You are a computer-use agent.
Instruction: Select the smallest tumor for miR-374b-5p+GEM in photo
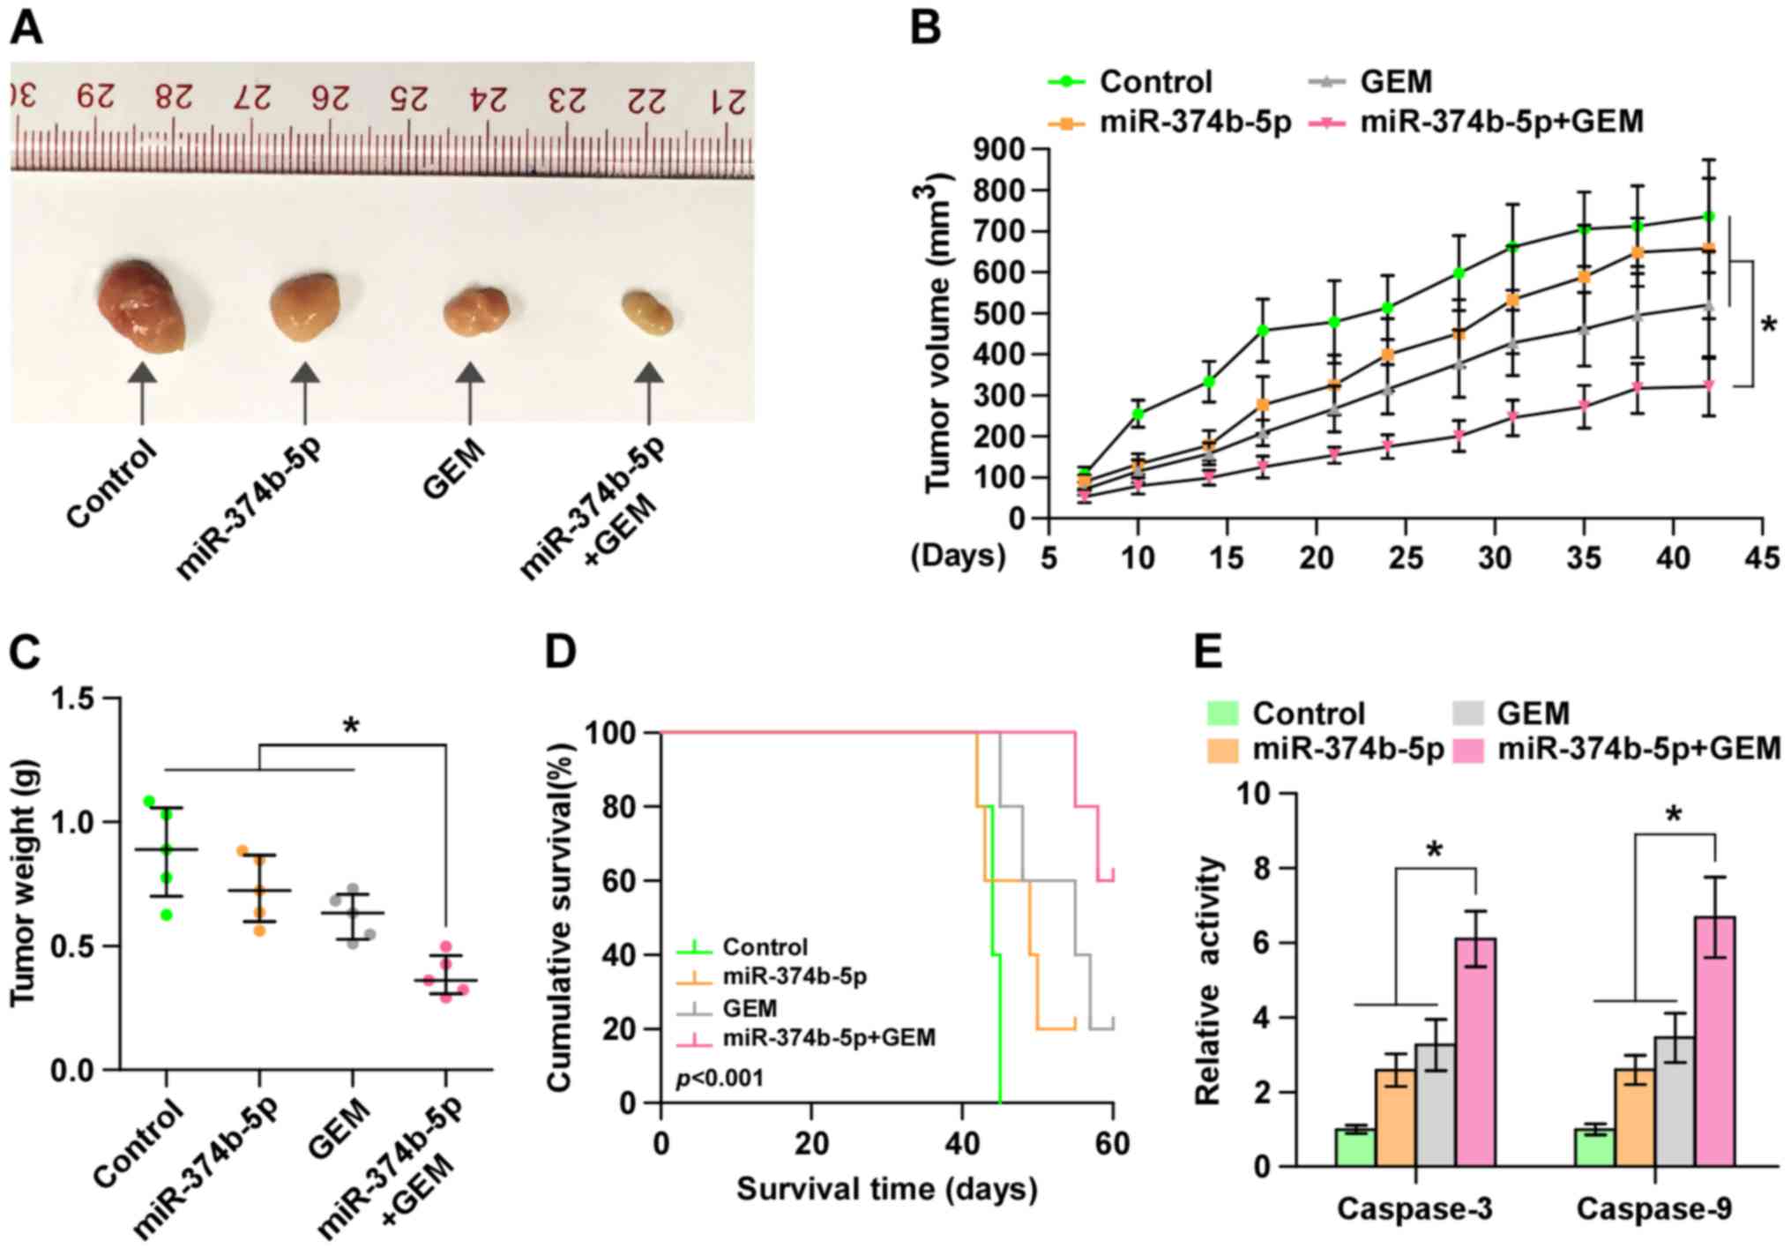coord(648,312)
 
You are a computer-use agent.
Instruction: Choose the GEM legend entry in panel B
coord(1395,82)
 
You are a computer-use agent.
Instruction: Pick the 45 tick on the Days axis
coord(1762,557)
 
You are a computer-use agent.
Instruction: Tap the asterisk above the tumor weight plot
coord(351,727)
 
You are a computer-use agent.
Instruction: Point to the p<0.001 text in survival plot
coord(720,1078)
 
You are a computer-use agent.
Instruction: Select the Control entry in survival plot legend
coord(764,947)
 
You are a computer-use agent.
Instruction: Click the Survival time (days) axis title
coord(886,1189)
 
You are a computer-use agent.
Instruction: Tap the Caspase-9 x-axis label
coord(1653,1208)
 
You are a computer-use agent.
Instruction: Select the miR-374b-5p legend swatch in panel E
coord(1224,750)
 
